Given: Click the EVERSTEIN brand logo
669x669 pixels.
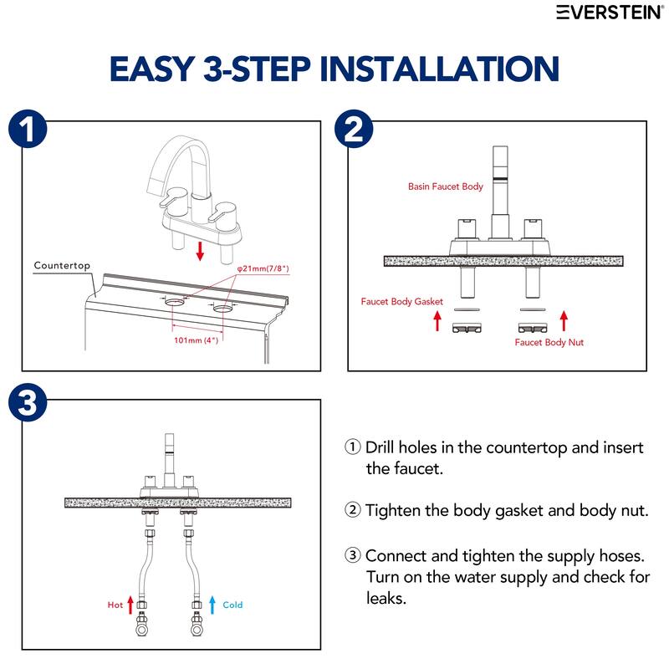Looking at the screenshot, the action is [x=610, y=13].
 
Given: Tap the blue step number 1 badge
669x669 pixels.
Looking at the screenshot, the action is [x=28, y=130].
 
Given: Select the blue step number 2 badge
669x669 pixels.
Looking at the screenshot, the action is [x=354, y=129].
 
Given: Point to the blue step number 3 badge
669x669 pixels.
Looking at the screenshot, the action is [x=28, y=402].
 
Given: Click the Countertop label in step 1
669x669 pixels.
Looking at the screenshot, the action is [x=62, y=265].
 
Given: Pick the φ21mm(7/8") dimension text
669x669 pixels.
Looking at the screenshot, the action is [x=263, y=268].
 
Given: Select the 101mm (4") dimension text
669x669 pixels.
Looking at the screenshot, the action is [x=197, y=340].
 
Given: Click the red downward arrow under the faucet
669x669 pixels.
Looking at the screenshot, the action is [x=200, y=250].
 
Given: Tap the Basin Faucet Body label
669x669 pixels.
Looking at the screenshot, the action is [x=446, y=186].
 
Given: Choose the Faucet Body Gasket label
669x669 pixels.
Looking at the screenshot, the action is [x=402, y=302].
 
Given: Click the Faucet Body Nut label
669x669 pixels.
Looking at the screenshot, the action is [x=549, y=342].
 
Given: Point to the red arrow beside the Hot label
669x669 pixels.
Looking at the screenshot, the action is [x=130, y=605].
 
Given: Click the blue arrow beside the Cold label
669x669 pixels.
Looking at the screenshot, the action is [x=212, y=605].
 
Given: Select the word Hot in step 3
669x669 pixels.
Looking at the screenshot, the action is [x=115, y=605].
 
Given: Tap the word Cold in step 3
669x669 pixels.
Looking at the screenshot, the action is [x=232, y=605].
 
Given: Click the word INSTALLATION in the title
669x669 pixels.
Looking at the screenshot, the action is [x=440, y=69].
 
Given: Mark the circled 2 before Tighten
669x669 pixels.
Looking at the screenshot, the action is [x=352, y=509].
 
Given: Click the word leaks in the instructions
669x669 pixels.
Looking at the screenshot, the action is [x=386, y=598].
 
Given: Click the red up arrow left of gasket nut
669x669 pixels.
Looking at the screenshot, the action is [x=437, y=321].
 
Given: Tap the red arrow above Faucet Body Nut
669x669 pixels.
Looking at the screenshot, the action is [x=564, y=321].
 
